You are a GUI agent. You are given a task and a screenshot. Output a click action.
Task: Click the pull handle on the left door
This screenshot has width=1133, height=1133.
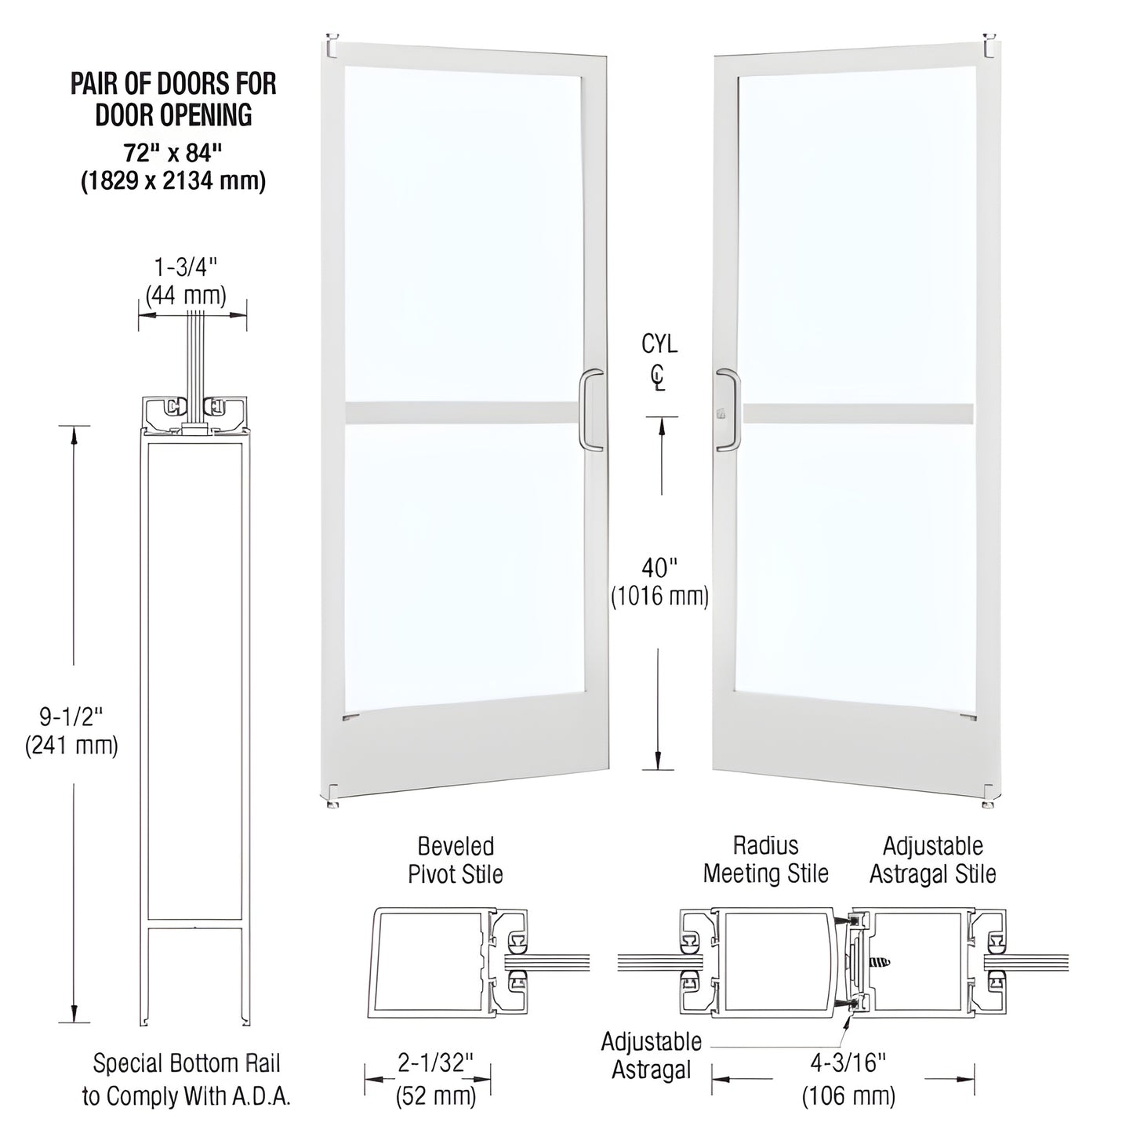tap(592, 410)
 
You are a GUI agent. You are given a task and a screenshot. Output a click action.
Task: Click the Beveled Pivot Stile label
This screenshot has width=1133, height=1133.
tap(455, 860)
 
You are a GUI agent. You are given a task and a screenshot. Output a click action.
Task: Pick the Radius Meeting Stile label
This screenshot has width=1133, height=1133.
tap(765, 859)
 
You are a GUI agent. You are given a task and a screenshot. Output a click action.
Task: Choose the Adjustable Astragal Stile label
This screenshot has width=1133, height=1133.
tap(932, 859)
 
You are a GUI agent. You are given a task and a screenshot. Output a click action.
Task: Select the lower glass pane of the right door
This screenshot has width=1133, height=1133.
tap(855, 565)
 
